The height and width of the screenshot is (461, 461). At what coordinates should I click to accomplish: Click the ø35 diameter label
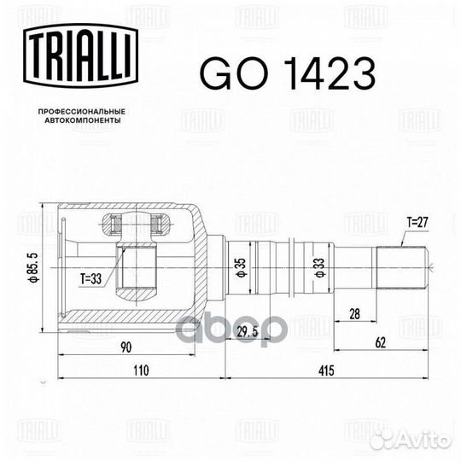[x=242, y=267]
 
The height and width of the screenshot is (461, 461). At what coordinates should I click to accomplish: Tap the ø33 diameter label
[x=318, y=267]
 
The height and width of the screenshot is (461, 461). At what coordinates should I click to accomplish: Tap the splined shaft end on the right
[x=401, y=259]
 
